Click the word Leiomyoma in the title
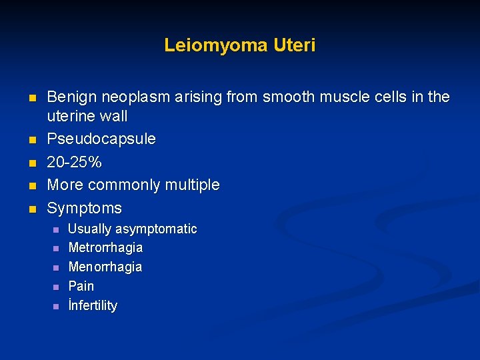point(215,45)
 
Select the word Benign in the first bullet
point(70,97)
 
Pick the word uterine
point(70,116)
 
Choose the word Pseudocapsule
point(101,139)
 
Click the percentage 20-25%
point(74,162)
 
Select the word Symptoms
point(85,208)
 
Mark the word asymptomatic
point(157,229)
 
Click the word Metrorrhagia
point(105,247)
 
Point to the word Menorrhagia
point(105,267)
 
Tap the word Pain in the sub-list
point(81,286)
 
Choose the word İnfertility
point(93,305)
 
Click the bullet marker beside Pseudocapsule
point(31,140)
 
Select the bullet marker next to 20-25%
point(31,163)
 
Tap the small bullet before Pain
point(57,287)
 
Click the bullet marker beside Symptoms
point(31,209)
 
